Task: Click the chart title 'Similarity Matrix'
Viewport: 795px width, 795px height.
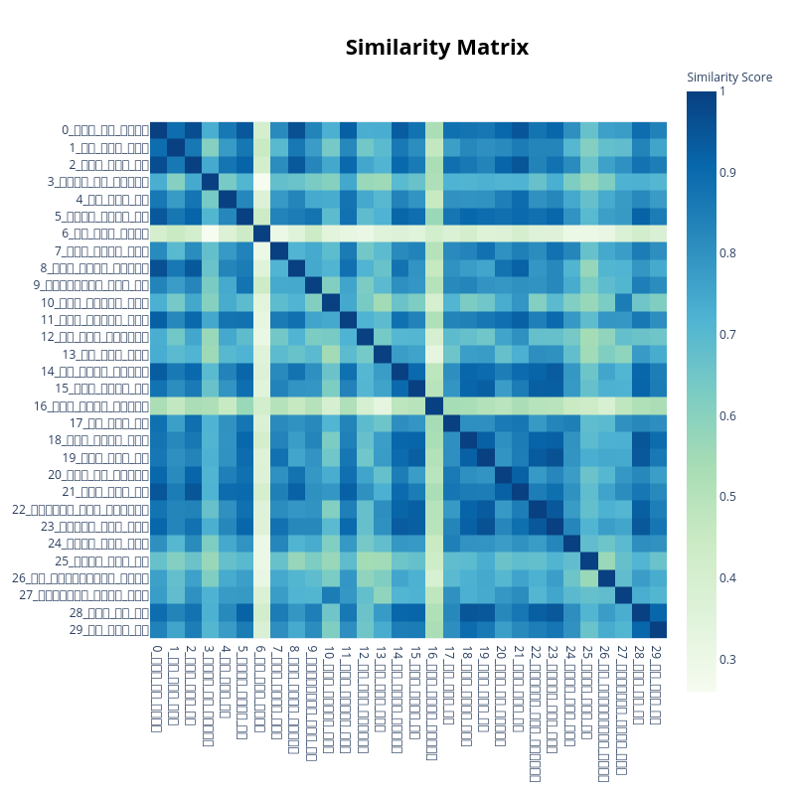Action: click(x=437, y=48)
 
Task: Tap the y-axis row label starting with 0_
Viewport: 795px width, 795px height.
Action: click(x=105, y=130)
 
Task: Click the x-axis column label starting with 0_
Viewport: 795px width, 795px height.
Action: click(x=157, y=688)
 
